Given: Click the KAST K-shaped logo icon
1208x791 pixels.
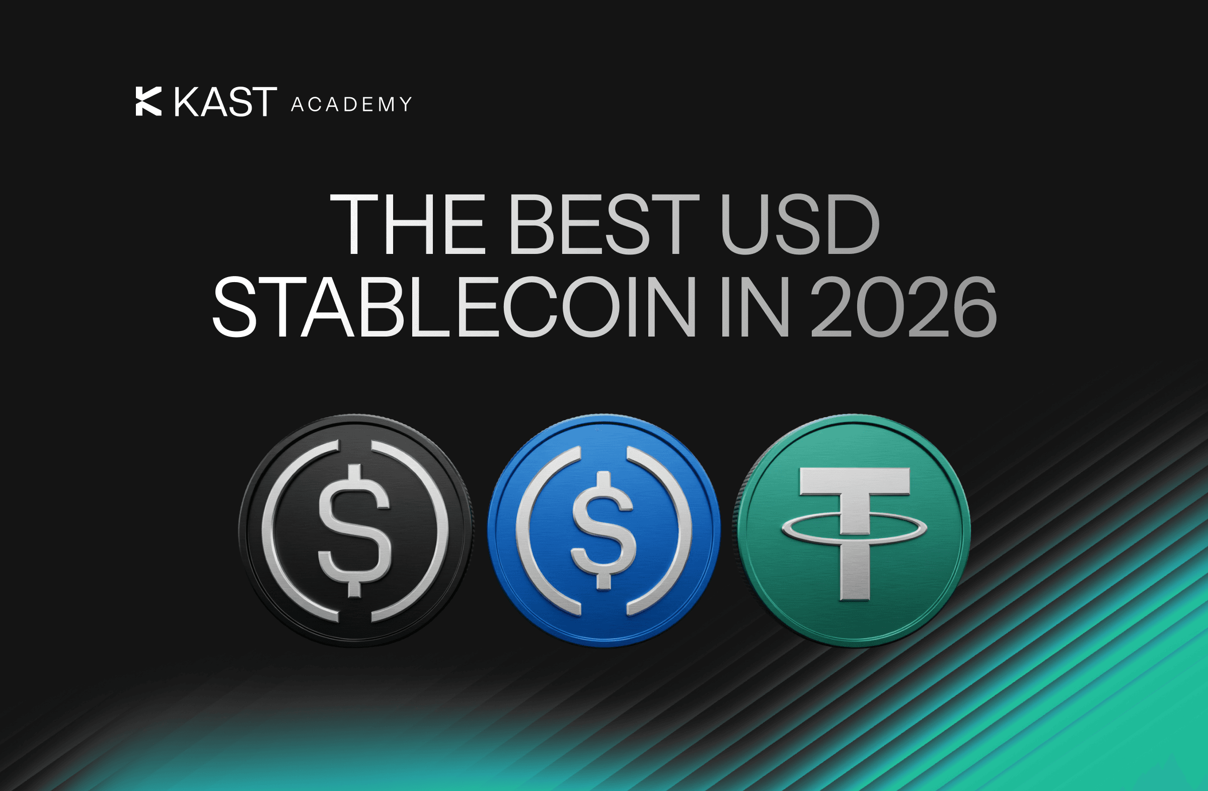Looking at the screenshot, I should pos(148,101).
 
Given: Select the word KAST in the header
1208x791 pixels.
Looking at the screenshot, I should pos(226,102).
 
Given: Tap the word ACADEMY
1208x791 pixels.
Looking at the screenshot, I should pos(351,105).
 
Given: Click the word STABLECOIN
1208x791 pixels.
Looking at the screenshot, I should pos(455,307).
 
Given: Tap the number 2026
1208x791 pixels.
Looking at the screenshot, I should pos(903,307).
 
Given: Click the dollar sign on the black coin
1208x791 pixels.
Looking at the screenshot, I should pos(354,531).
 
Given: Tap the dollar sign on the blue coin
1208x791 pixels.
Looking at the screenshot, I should pos(603,531).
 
